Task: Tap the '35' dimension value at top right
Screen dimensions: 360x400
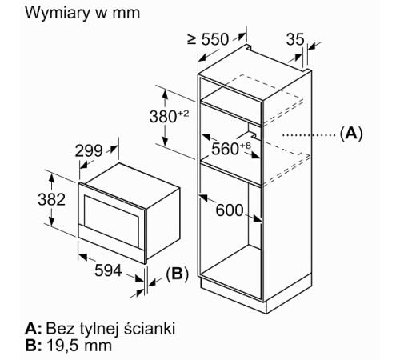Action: pyautogui.click(x=294, y=38)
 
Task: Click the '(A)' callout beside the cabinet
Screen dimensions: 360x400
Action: pyautogui.click(x=350, y=133)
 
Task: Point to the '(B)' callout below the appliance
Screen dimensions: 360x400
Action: pyautogui.click(x=177, y=275)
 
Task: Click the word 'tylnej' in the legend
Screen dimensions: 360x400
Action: pyautogui.click(x=101, y=329)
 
